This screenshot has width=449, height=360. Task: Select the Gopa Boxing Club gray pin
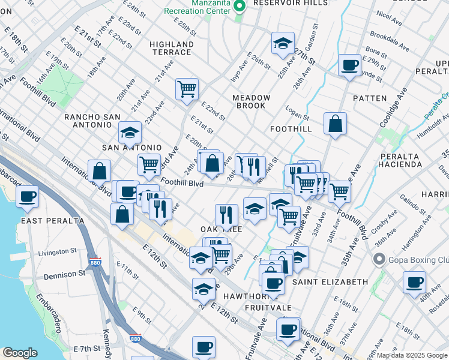pyautogui.click(x=379, y=259)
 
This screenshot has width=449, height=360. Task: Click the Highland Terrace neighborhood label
pyautogui.click(x=172, y=49)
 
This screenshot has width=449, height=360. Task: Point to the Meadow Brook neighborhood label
pyautogui.click(x=251, y=101)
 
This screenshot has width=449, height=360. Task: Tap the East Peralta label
pyautogui.click(x=53, y=220)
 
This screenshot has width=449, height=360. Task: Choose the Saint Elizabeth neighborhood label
pyautogui.click(x=330, y=281)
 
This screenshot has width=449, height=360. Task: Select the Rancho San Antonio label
pyautogui.click(x=89, y=121)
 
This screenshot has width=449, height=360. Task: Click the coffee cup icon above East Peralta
pyautogui.click(x=27, y=196)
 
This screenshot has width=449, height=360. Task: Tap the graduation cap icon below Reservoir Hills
pyautogui.click(x=283, y=44)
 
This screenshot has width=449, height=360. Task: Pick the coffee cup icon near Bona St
pyautogui.click(x=349, y=65)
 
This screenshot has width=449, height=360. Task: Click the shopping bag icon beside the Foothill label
pyautogui.click(x=335, y=124)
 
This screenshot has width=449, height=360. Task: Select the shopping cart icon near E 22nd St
pyautogui.click(x=187, y=89)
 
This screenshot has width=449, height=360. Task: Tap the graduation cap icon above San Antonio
pyautogui.click(x=129, y=133)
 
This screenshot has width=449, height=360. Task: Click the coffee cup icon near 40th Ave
pyautogui.click(x=414, y=283)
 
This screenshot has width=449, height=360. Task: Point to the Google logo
pyautogui.click(x=20, y=353)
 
